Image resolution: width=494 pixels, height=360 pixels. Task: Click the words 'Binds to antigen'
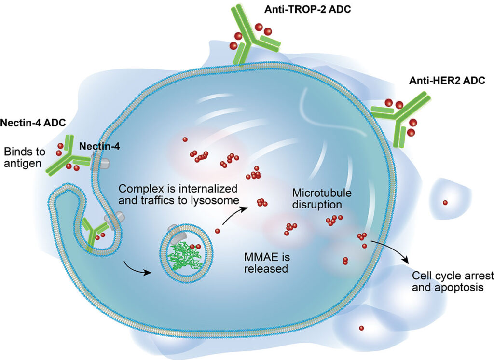tap(25, 158)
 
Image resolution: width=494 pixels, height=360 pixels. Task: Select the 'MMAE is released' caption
tap(266, 263)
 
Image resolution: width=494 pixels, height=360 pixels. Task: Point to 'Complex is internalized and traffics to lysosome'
tap(178, 193)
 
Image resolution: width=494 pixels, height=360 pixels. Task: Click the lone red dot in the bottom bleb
tap(361, 328)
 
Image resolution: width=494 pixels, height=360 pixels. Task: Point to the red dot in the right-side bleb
tap(445, 202)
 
